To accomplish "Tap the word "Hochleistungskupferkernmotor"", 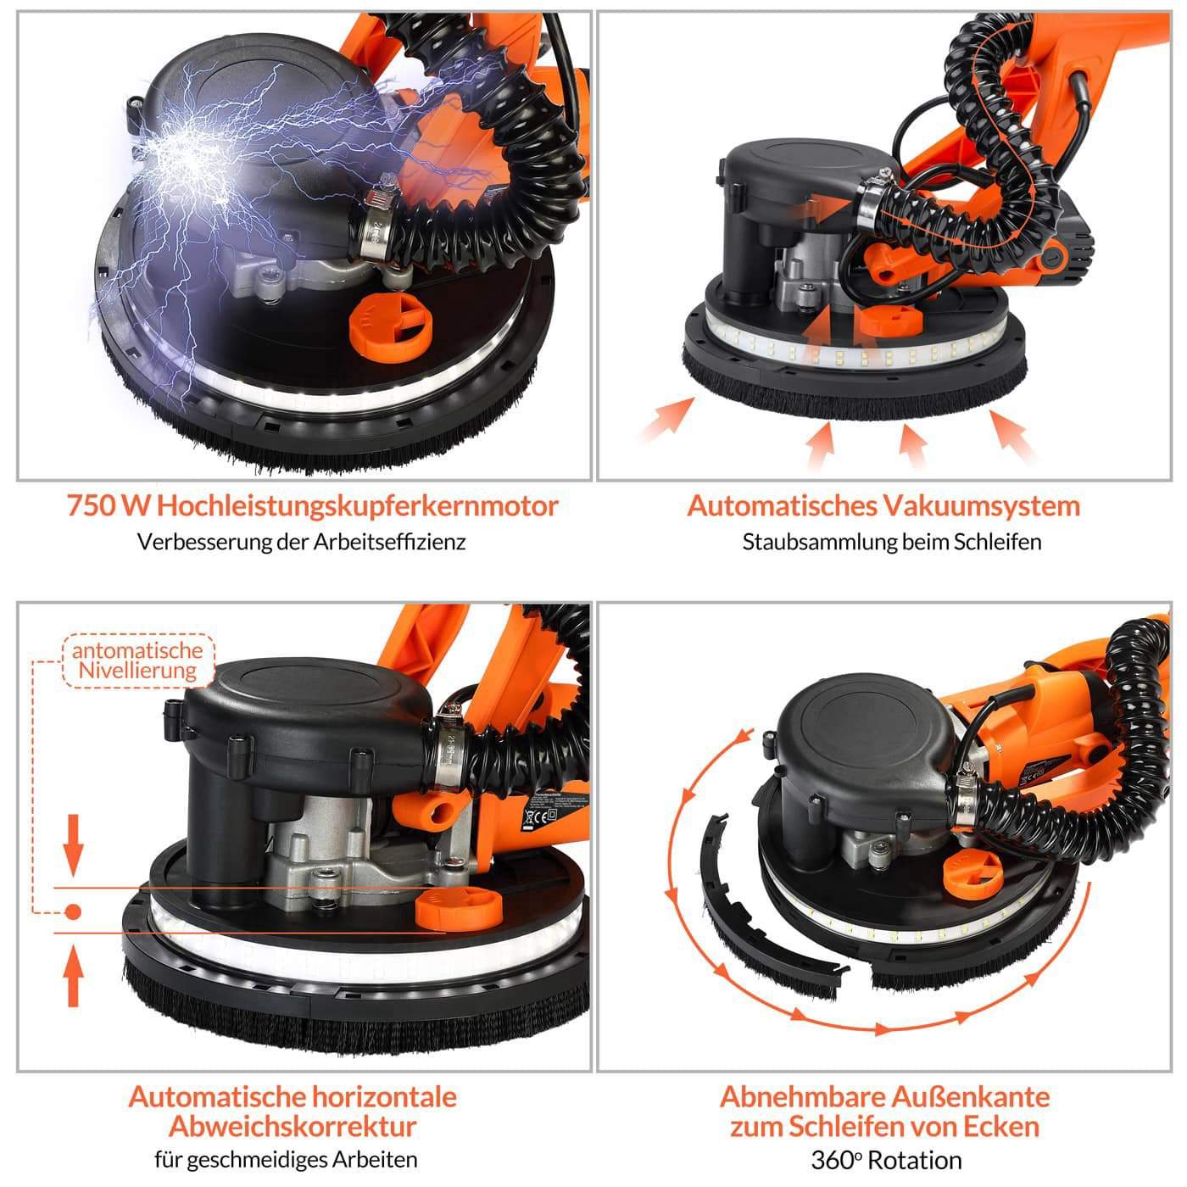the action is pos(358,507).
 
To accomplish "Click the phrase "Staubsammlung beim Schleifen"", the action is pos(891,542).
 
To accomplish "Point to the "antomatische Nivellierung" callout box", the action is pos(138,660).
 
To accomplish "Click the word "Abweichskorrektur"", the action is pos(293,1127).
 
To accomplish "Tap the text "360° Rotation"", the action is pos(886,1161).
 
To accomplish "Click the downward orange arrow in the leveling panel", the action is pos(73,845).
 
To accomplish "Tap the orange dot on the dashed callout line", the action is pos(73,911).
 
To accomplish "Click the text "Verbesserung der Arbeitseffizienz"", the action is pos(301,542).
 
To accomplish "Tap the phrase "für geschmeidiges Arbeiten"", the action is pos(286,1160).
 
